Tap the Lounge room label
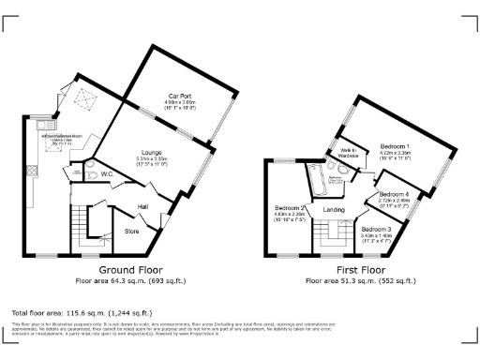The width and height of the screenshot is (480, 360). coord(152,152)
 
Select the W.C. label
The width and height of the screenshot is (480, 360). coord(107,172)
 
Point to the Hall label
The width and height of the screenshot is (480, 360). coord(143,206)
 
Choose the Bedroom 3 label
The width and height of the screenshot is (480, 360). coord(376,229)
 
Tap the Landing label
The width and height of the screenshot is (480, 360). coord(334,209)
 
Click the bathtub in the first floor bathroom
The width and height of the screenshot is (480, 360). coord(316,178)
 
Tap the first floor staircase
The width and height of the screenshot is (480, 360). coord(329,245)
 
